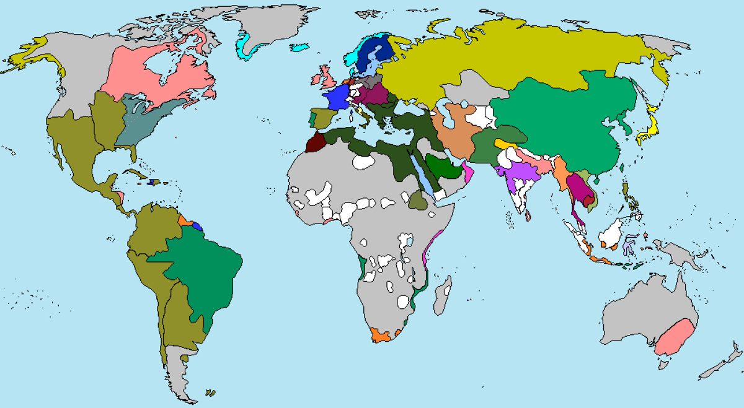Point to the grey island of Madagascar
pyautogui.click(x=443, y=296)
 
